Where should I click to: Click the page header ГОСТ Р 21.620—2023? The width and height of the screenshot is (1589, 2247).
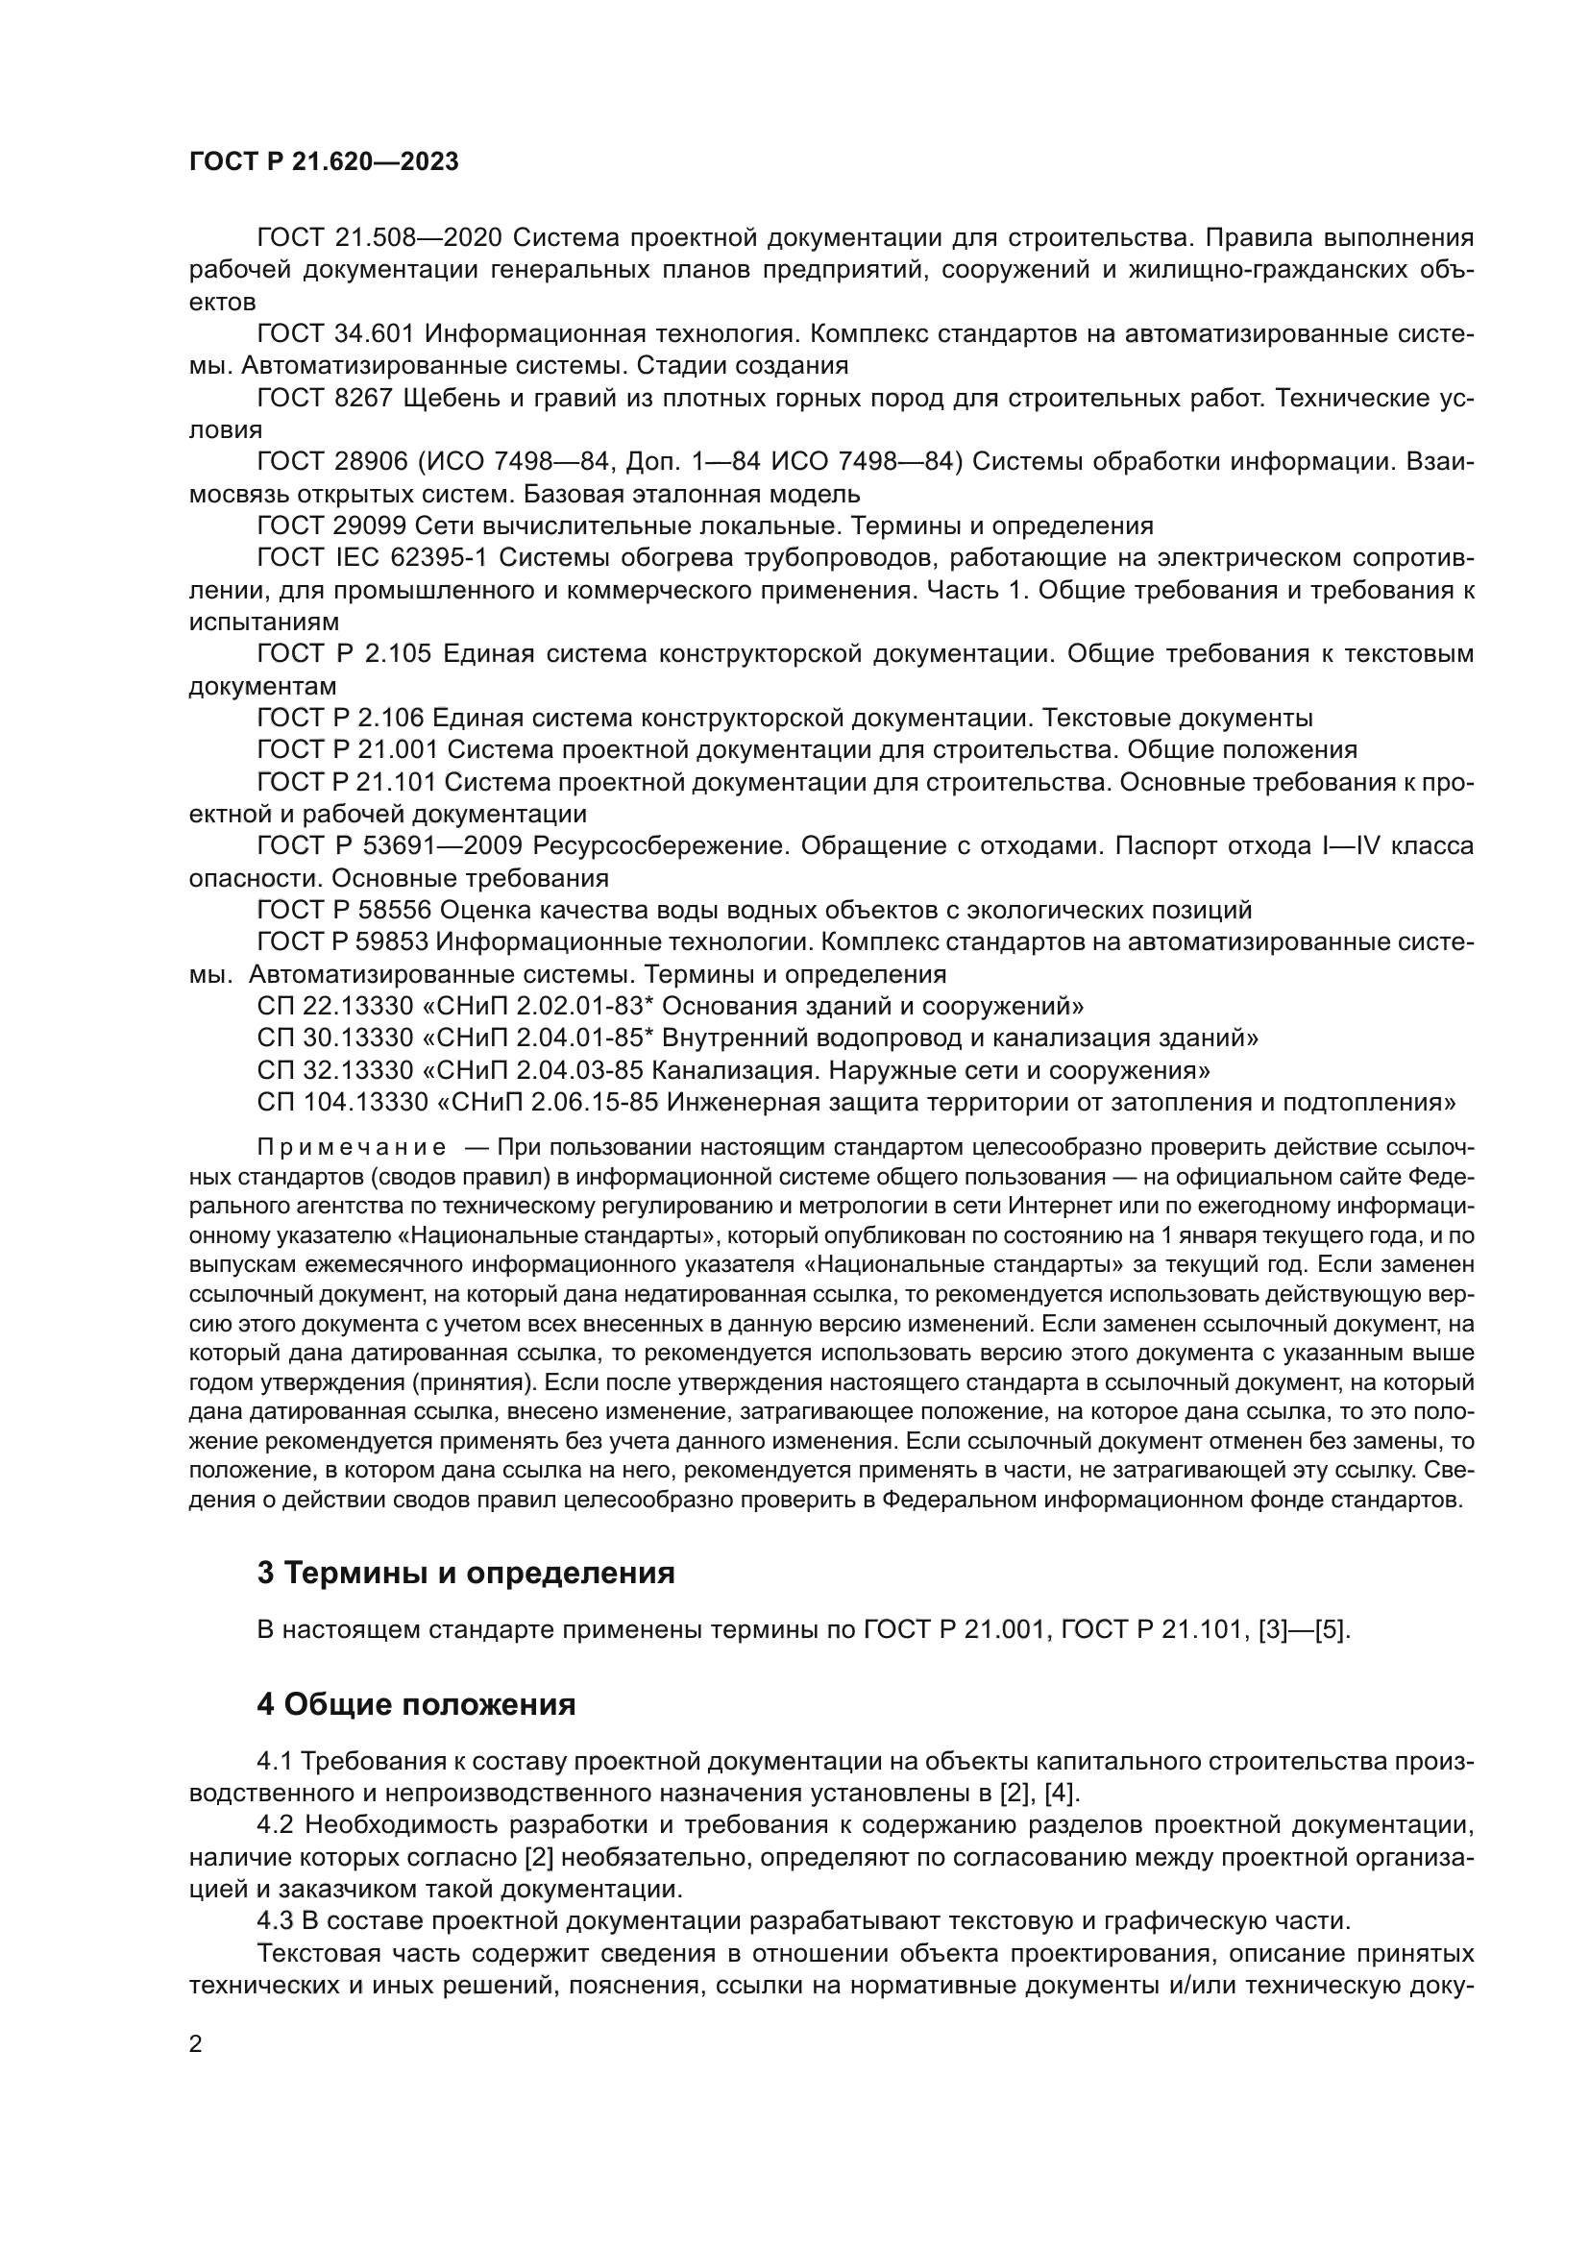click(324, 162)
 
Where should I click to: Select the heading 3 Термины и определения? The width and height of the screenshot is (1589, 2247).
click(466, 1573)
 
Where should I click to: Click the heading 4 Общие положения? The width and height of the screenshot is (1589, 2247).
click(416, 1705)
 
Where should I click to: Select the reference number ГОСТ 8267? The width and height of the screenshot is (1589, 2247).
click(324, 399)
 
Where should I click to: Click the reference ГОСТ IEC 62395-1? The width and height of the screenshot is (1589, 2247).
click(372, 558)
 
